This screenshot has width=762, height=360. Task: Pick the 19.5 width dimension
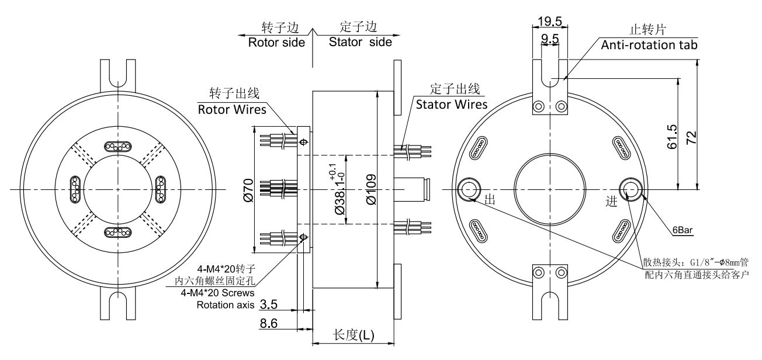tap(549, 22)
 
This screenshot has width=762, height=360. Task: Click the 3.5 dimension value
tap(285, 304)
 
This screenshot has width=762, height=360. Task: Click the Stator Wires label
tap(451, 105)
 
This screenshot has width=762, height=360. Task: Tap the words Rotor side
tap(276, 43)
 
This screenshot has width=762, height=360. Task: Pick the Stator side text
tap(360, 43)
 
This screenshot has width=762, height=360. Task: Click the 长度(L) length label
tap(353, 334)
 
